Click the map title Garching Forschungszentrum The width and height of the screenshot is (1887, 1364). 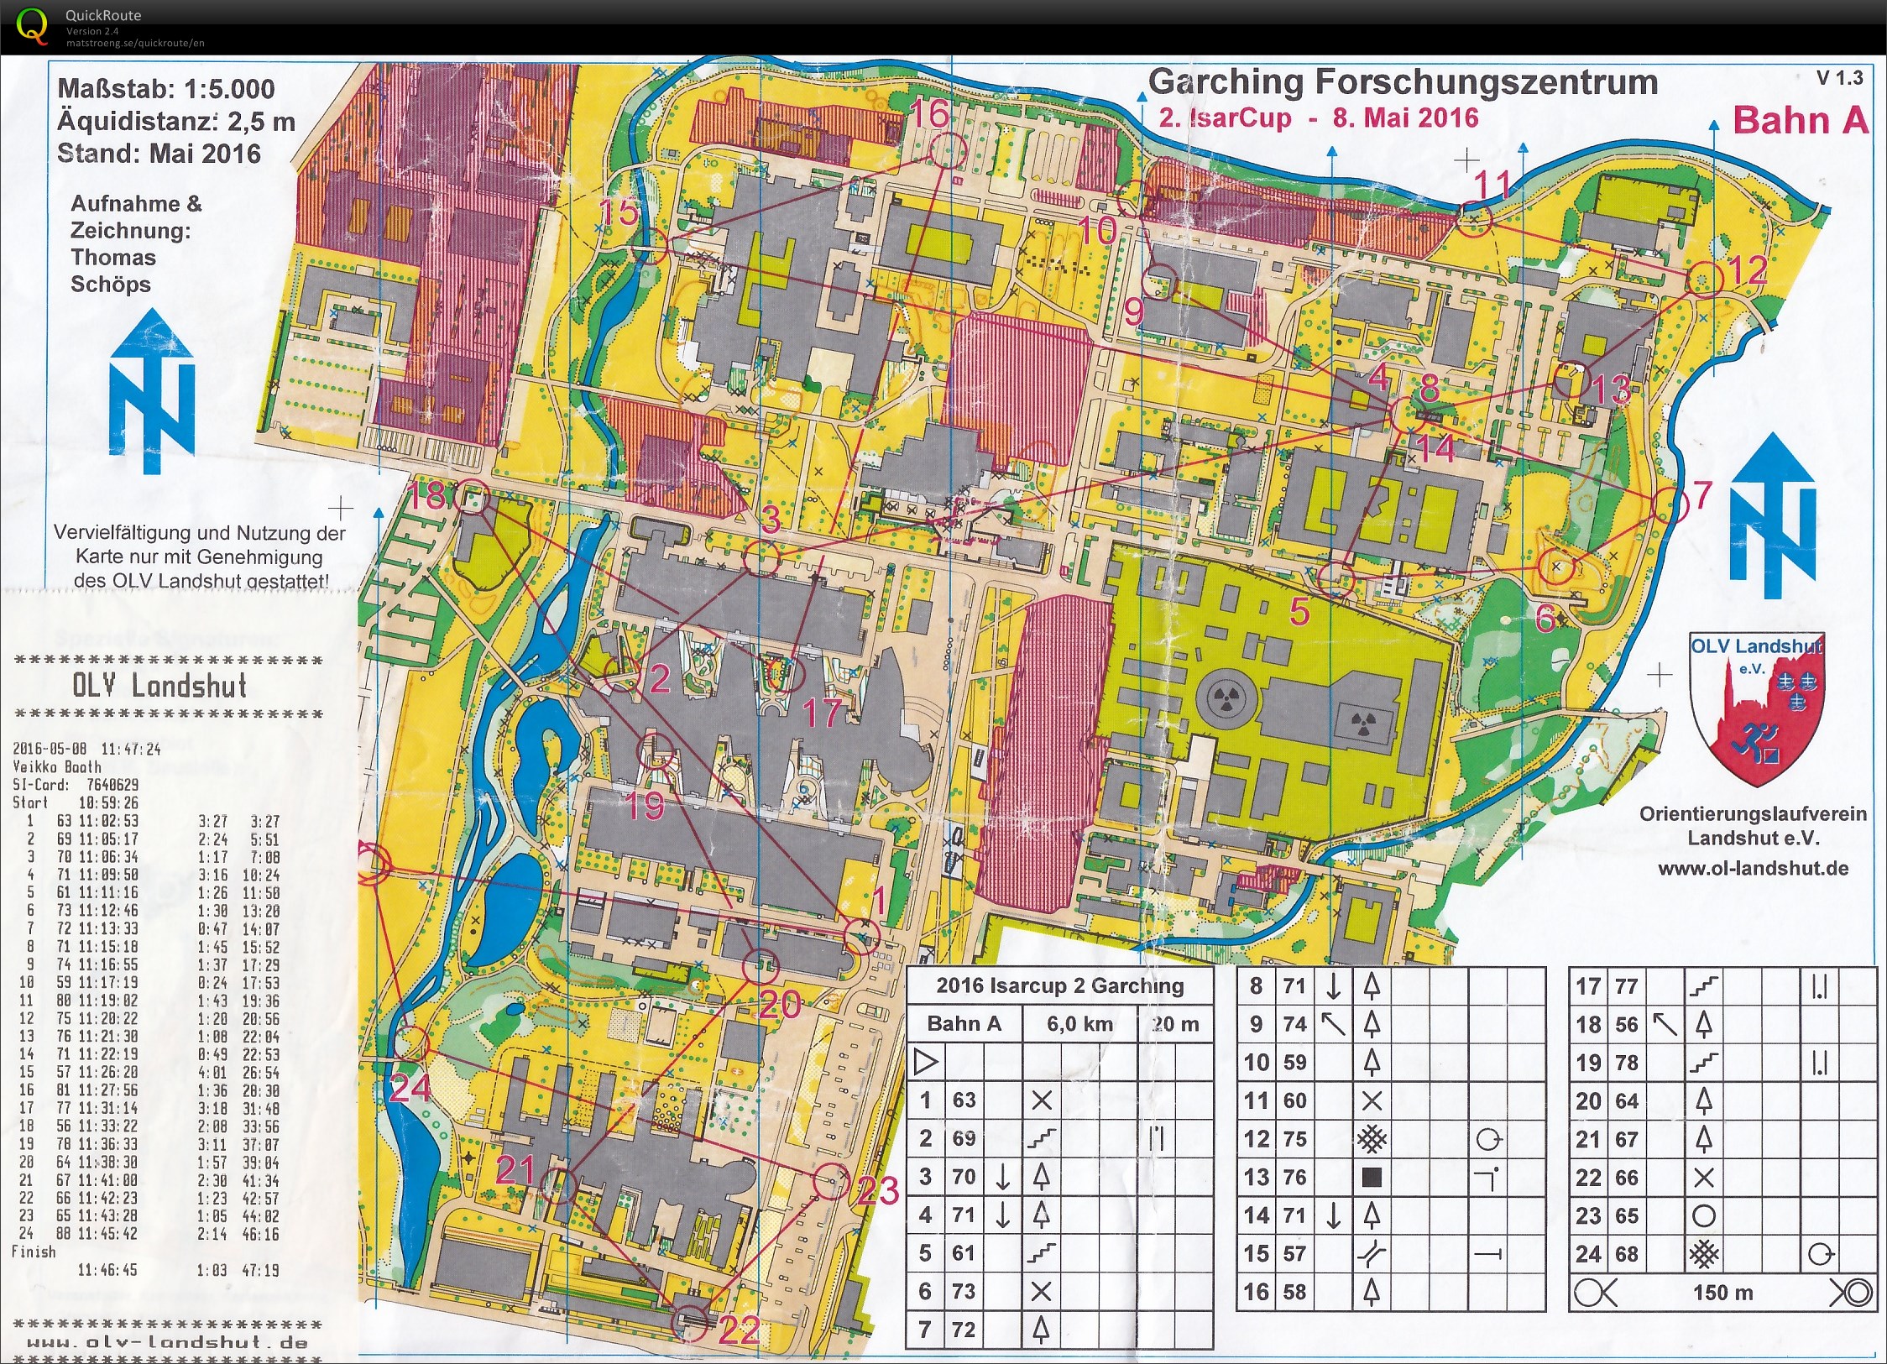pyautogui.click(x=1402, y=82)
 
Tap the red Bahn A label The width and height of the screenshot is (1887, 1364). pyautogui.click(x=1800, y=120)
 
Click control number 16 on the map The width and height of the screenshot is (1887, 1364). pyautogui.click(x=929, y=114)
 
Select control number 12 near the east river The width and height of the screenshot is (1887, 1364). pyautogui.click(x=1749, y=270)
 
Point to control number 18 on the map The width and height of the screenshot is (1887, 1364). pyautogui.click(x=426, y=495)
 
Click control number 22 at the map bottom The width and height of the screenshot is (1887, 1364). pyautogui.click(x=739, y=1329)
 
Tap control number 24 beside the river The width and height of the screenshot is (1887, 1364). pyautogui.click(x=410, y=1088)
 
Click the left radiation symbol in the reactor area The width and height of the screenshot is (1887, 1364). pyautogui.click(x=1226, y=698)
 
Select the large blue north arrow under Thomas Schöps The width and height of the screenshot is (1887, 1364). pyautogui.click(x=152, y=391)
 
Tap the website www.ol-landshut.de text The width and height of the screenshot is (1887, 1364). pyautogui.click(x=1753, y=868)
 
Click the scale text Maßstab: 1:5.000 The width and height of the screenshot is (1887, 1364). pyautogui.click(x=165, y=89)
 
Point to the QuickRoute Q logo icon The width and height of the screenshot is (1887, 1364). pyautogui.click(x=32, y=25)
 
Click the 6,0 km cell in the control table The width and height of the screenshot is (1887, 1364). pyautogui.click(x=1079, y=1024)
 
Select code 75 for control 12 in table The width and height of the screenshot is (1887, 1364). pyautogui.click(x=1294, y=1139)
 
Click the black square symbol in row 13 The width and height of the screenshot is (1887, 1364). pyautogui.click(x=1371, y=1177)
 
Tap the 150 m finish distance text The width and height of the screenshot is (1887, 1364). pyautogui.click(x=1722, y=1293)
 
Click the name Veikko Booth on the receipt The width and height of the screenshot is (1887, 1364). pyautogui.click(x=56, y=766)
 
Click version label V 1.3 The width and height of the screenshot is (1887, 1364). pyautogui.click(x=1838, y=78)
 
